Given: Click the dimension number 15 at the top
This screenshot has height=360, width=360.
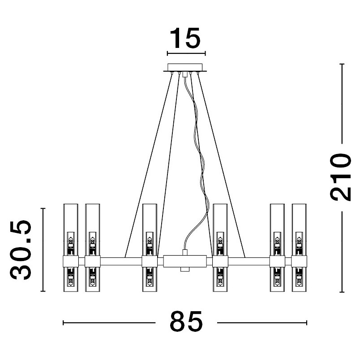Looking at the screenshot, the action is [x=185, y=39].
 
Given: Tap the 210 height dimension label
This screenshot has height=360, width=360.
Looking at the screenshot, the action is [x=340, y=177].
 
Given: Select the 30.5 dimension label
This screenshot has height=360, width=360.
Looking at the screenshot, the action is [x=21, y=250].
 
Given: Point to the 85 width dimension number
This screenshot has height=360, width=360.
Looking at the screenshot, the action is [x=186, y=321].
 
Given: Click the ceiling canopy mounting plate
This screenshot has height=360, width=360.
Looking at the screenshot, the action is [x=185, y=68].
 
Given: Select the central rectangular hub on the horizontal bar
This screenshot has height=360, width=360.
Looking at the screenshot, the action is [x=185, y=261].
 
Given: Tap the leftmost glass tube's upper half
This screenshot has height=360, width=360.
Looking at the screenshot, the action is [x=70, y=230].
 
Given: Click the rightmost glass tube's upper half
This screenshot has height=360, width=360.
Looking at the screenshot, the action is [x=299, y=230].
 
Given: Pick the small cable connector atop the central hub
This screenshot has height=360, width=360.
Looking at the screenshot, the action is [x=185, y=253].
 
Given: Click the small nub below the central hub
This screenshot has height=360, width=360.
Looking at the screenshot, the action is [x=185, y=269].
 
